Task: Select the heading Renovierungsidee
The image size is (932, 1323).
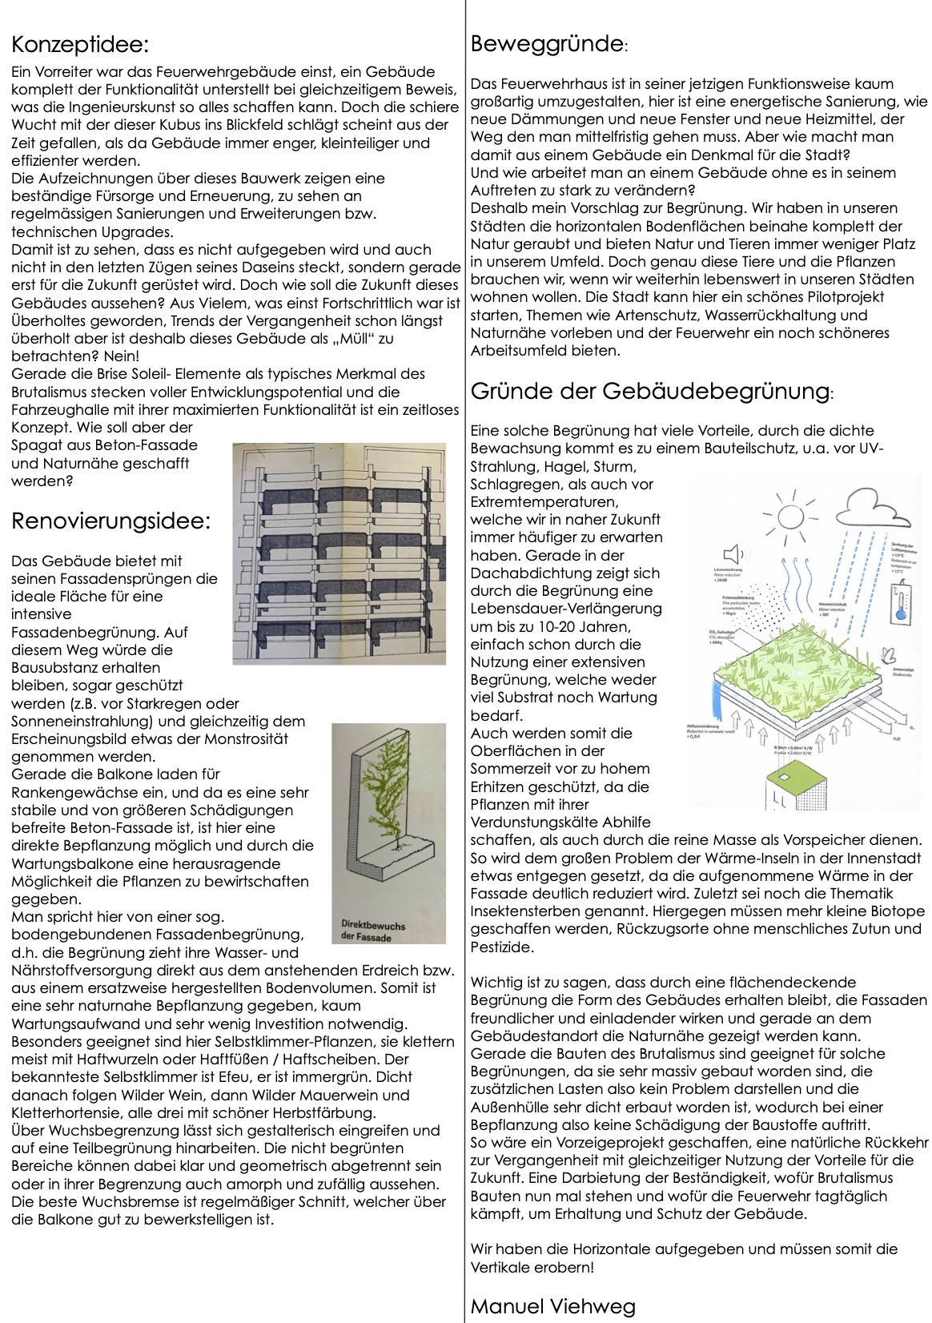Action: (x=111, y=522)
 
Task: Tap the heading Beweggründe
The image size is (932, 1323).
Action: (x=546, y=43)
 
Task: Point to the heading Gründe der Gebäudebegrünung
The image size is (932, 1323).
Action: (x=650, y=392)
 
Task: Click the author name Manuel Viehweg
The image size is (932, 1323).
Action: (x=552, y=1308)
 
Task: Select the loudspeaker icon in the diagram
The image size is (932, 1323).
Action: (x=731, y=554)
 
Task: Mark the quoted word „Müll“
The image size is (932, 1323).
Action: (x=350, y=338)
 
